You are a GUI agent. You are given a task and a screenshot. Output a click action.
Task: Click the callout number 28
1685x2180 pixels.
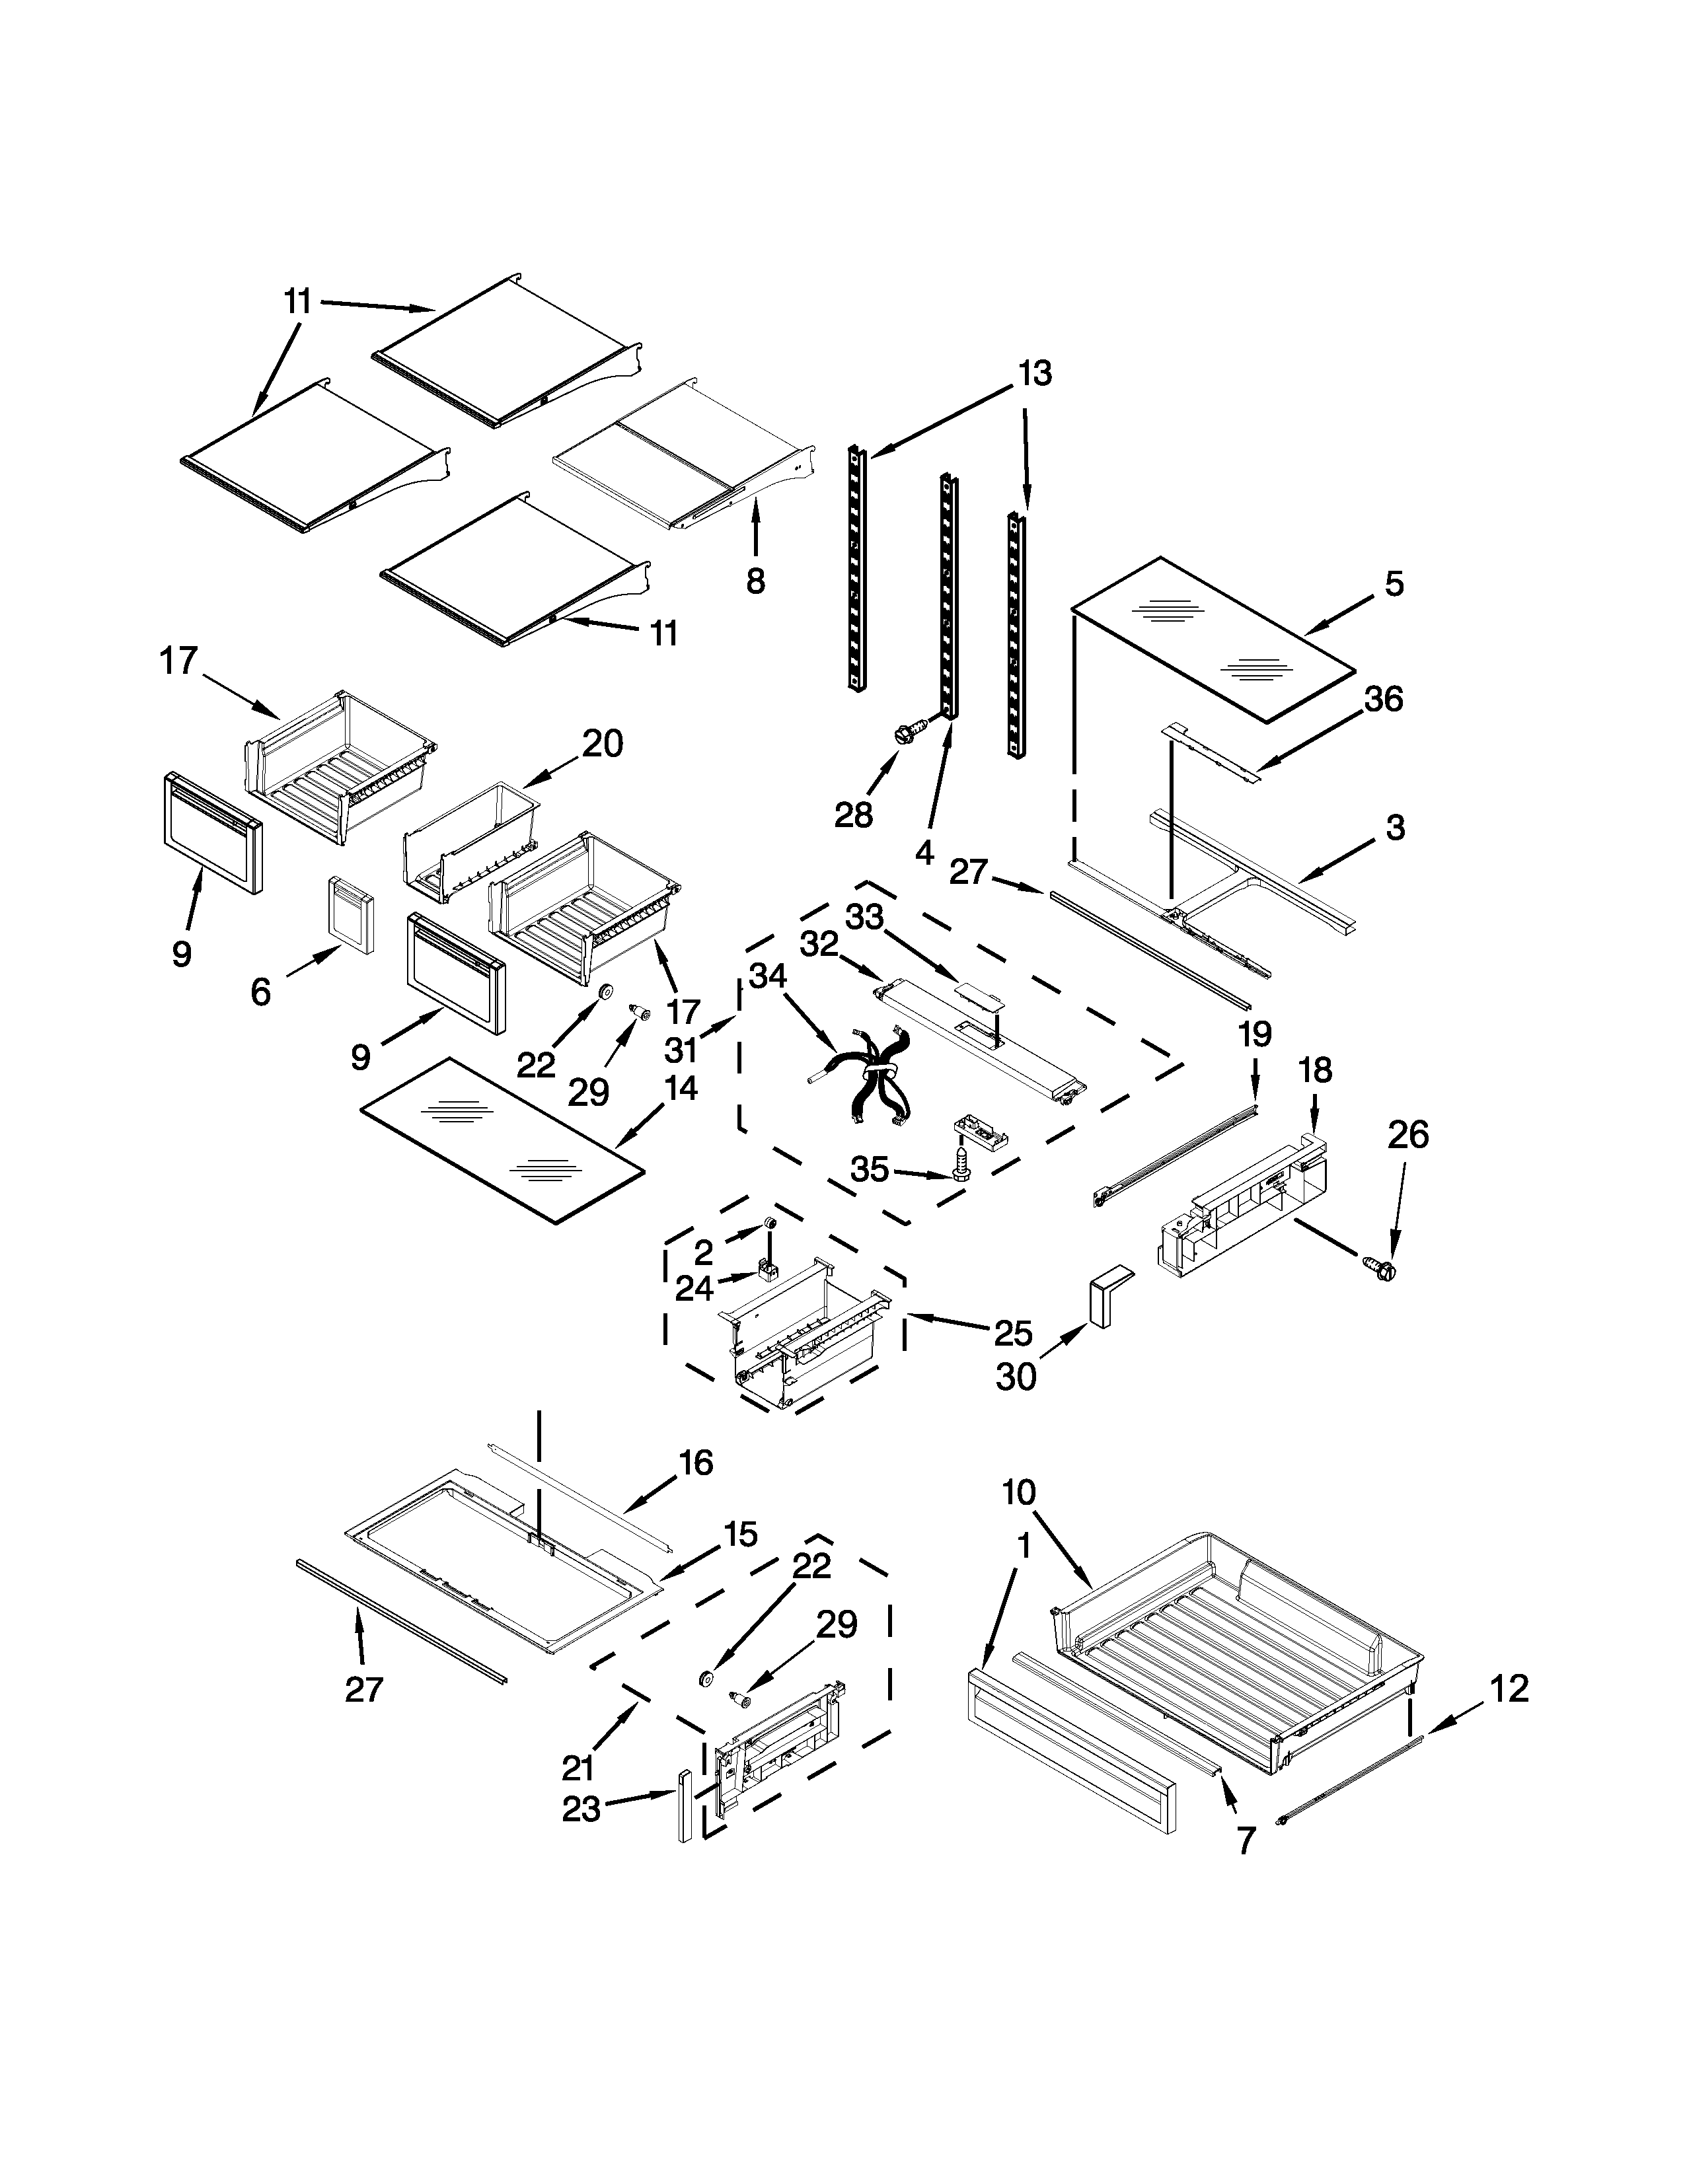pyautogui.click(x=854, y=815)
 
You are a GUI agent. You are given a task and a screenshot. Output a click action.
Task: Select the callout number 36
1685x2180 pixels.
pyautogui.click(x=1384, y=699)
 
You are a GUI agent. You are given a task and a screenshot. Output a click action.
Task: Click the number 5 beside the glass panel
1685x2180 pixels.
pyautogui.click(x=1394, y=584)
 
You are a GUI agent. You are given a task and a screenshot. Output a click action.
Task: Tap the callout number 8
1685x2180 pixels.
pyautogui.click(x=756, y=580)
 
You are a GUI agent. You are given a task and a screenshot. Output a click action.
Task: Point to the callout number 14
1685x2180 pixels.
pyautogui.click(x=680, y=1088)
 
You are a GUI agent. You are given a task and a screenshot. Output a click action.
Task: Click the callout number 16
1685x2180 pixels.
pyautogui.click(x=696, y=1463)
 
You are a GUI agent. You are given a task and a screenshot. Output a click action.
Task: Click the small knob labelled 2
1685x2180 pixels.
pyautogui.click(x=770, y=1223)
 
